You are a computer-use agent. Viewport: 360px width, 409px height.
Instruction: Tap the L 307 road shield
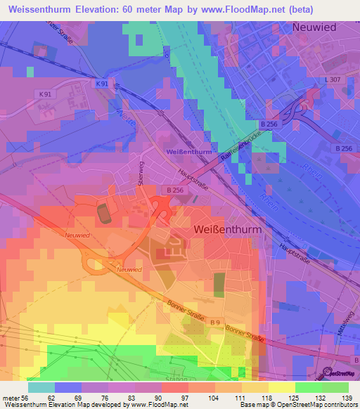(333, 79)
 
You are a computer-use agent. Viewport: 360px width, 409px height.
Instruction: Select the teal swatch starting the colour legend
(41, 387)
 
